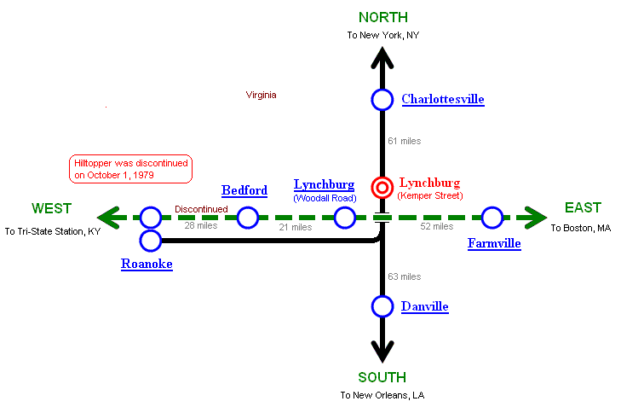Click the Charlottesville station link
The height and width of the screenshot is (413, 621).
(x=442, y=100)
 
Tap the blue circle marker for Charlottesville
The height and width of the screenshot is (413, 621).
(x=382, y=100)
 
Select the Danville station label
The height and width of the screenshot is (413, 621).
(x=424, y=306)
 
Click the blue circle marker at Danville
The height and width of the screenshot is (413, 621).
(x=382, y=306)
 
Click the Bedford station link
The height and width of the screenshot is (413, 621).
(x=244, y=190)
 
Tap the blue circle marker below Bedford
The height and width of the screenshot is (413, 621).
(x=248, y=218)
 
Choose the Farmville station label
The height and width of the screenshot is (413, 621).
(x=494, y=244)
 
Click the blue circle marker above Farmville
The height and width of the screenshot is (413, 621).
(x=492, y=218)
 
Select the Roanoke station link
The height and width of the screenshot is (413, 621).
(x=147, y=265)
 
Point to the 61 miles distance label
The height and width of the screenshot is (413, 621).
(x=404, y=141)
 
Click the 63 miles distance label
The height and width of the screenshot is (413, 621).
(x=404, y=276)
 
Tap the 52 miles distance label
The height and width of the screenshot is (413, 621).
(x=436, y=226)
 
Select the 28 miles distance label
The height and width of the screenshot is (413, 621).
(x=201, y=226)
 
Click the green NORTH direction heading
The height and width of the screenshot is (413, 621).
(x=382, y=18)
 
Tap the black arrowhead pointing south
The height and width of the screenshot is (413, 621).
(x=382, y=349)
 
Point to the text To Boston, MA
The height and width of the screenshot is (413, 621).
(x=580, y=229)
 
